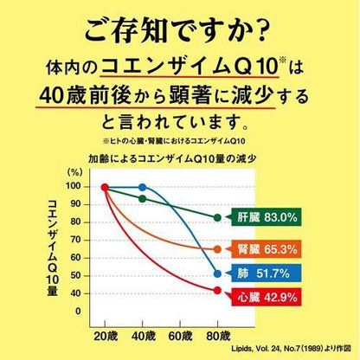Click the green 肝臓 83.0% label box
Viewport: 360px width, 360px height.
coord(267,217)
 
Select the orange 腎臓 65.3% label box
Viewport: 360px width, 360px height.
coord(267,249)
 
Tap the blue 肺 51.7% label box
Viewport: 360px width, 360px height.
coord(267,273)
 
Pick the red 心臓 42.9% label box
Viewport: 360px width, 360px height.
coord(267,297)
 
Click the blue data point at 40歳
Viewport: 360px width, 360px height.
coord(143,188)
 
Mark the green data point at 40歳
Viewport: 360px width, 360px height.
coord(143,199)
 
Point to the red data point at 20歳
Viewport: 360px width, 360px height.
coord(105,188)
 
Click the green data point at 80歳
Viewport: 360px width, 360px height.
coord(217,218)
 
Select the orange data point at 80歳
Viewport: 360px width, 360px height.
coord(217,249)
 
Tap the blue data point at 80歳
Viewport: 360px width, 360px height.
coord(217,273)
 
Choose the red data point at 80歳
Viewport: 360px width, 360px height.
coord(217,291)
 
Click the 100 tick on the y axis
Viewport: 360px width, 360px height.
coord(73,186)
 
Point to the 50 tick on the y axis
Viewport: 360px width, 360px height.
coord(75,275)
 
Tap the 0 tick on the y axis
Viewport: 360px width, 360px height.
coord(78,312)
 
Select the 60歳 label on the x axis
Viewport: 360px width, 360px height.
coord(180,336)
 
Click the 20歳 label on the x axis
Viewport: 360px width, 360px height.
coord(106,336)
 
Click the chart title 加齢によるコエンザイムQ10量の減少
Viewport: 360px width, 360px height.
coord(172,158)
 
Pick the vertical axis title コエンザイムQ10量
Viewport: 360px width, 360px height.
coord(53,247)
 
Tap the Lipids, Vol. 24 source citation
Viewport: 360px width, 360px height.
coord(292,349)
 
